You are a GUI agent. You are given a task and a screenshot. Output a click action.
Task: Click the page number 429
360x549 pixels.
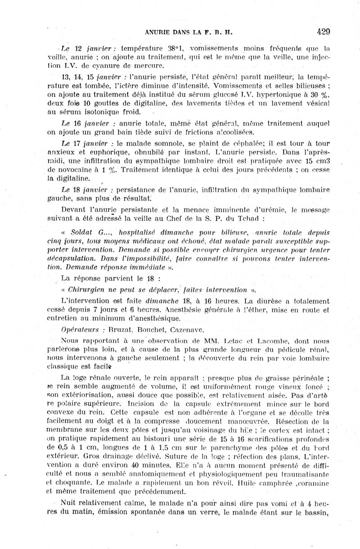coord(323,32)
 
